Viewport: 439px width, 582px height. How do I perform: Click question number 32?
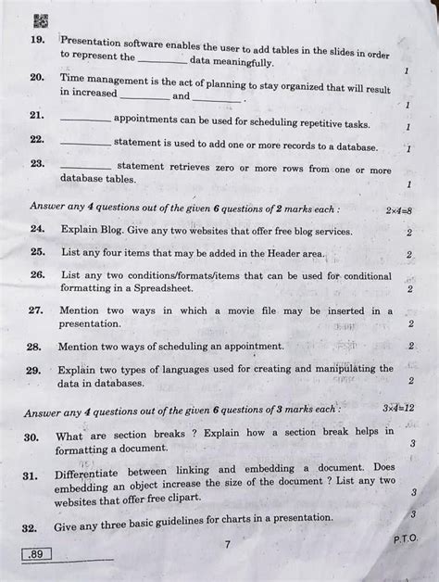coord(31,526)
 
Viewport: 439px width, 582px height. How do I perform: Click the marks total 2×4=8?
coord(399,210)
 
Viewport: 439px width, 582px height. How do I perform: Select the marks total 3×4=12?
coord(398,408)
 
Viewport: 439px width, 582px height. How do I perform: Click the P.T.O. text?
coord(404,538)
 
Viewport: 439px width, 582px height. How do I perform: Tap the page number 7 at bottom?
coord(226,545)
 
